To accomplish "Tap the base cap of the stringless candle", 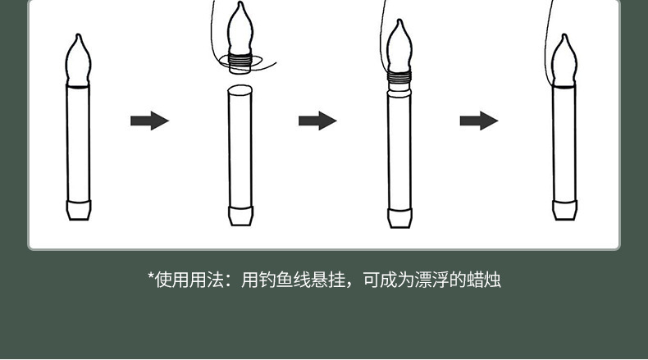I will click(x=78, y=210).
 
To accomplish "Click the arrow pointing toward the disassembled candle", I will click(x=149, y=121).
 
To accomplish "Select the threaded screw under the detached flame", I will click(x=239, y=59).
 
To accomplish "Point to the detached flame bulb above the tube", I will click(x=239, y=29).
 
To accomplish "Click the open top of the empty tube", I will click(x=239, y=88).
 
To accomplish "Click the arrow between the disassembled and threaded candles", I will click(x=317, y=121).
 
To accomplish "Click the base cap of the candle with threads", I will click(x=399, y=217).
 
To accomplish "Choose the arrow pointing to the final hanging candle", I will click(x=479, y=121).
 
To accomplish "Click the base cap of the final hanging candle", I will click(x=565, y=210).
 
